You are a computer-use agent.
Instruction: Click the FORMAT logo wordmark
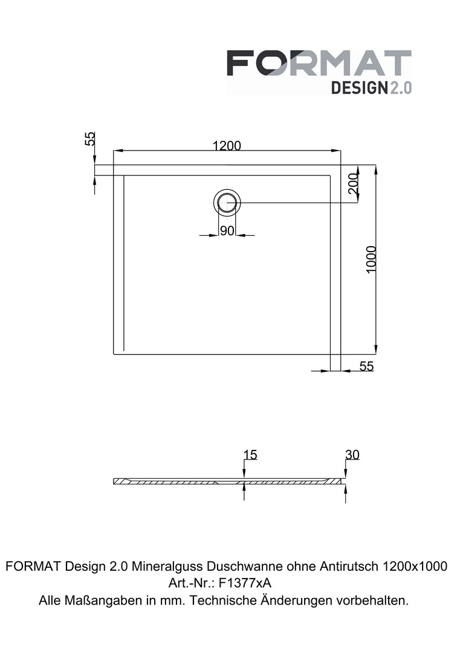click(x=319, y=63)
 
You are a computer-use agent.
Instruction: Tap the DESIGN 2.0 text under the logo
click(x=371, y=88)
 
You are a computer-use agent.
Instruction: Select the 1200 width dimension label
click(x=227, y=145)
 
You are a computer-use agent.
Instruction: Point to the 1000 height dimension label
click(x=371, y=259)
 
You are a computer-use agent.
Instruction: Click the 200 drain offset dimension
click(x=353, y=183)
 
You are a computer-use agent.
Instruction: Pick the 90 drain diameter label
click(x=227, y=231)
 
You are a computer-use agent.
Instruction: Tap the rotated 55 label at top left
click(x=90, y=138)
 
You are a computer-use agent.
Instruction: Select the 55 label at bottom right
click(x=366, y=366)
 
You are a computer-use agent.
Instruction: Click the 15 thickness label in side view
click(x=250, y=454)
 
